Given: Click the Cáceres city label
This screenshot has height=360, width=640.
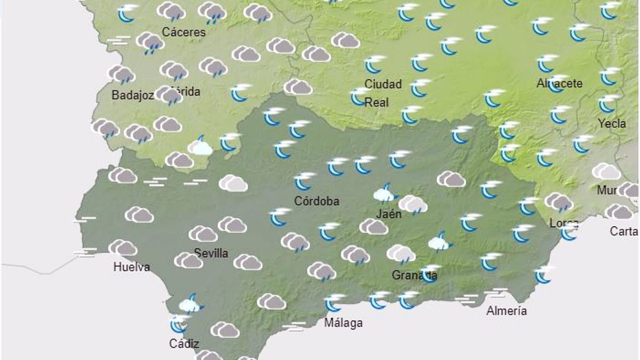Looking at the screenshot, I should click(x=184, y=32).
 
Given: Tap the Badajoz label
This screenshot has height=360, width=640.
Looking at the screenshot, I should click(x=133, y=95).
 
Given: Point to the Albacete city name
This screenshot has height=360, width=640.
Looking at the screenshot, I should click(x=559, y=84).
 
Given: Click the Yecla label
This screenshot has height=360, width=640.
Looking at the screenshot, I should click(x=612, y=124).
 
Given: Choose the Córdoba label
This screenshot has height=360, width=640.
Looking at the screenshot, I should click(x=317, y=202).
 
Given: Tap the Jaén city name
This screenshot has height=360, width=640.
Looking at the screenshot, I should click(x=388, y=213).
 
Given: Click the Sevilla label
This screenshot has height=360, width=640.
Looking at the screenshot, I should click(x=211, y=253).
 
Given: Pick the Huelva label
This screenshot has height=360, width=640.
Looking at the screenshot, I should click(x=132, y=267).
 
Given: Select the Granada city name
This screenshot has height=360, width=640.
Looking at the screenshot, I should click(x=414, y=275).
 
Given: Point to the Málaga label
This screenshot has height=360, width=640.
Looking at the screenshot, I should click(x=343, y=323).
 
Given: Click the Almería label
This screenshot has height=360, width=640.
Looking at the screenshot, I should click(x=507, y=311).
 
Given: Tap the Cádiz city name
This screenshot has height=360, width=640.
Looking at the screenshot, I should click(x=184, y=343).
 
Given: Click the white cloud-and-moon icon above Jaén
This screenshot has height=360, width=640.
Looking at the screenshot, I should click(x=385, y=193).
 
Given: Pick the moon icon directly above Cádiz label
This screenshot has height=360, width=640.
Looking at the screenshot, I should click(x=178, y=323).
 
